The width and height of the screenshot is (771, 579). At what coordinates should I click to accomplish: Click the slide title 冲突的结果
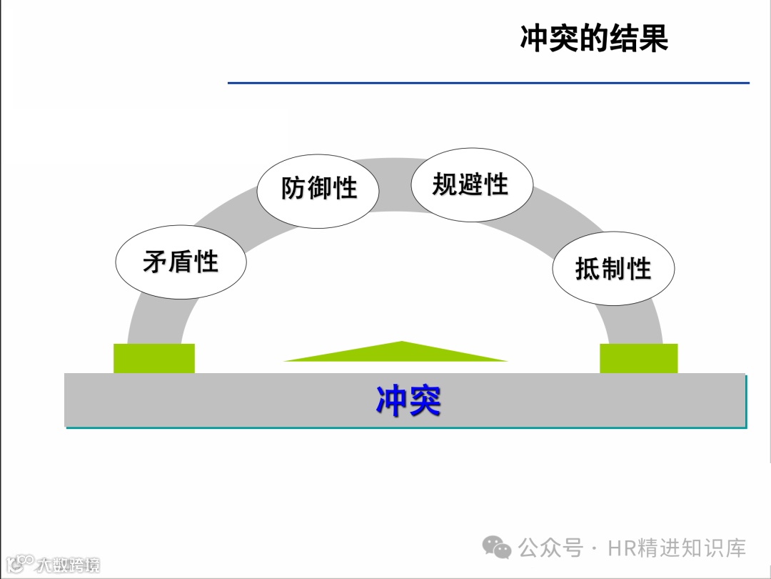594,39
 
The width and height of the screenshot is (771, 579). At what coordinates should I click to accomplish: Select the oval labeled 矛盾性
181,262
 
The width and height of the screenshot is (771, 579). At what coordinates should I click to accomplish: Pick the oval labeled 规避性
470,184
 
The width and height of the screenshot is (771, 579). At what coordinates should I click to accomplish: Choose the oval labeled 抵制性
613,269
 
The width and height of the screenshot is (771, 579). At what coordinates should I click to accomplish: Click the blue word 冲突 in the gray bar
408,401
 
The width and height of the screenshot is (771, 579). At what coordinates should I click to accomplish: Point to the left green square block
154,358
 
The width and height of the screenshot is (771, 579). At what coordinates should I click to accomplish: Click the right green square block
638,358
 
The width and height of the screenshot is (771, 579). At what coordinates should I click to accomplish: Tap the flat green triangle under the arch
400,353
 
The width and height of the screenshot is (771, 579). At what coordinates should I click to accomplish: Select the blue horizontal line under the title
488,83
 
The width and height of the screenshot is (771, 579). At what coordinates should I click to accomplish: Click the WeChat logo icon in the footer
497,548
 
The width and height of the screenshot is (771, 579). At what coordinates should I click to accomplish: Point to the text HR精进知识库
677,548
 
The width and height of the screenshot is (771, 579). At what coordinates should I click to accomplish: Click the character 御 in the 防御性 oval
319,189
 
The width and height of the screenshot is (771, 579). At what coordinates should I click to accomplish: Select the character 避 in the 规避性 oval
470,184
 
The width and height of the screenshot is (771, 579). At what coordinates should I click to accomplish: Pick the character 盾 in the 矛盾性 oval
181,262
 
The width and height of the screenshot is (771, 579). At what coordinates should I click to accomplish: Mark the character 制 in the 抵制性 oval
614,269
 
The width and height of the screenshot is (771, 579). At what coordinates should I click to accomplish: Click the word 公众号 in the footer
550,548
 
